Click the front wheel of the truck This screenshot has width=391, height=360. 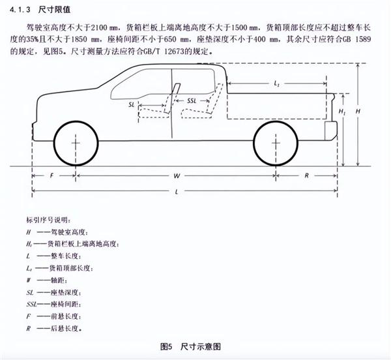pyautogui.click(x=76, y=143)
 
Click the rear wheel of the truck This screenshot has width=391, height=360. pyautogui.click(x=276, y=143)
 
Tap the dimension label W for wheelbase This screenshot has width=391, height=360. pyautogui.click(x=177, y=176)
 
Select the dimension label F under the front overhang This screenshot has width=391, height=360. pyautogui.click(x=52, y=175)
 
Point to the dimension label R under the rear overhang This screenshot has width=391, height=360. pyautogui.click(x=306, y=175)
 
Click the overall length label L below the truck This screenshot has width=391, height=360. pyautogui.click(x=177, y=192)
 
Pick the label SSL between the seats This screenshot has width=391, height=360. pyautogui.click(x=192, y=101)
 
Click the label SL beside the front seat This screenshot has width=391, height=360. pyautogui.click(x=132, y=104)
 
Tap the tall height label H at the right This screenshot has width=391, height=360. pyautogui.click(x=358, y=111)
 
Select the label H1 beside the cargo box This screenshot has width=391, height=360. pyautogui.click(x=341, y=112)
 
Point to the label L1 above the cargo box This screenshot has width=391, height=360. pyautogui.click(x=276, y=83)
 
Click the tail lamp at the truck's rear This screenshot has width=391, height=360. pyautogui.click(x=331, y=131)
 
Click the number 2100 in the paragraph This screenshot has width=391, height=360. pyautogui.click(x=99, y=27)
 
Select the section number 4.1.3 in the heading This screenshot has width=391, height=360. pyautogui.click(x=20, y=10)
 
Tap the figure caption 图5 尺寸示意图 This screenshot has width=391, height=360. pyautogui.click(x=190, y=346)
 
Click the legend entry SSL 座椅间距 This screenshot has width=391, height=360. pyautogui.click(x=54, y=305)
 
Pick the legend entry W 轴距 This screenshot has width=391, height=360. pyautogui.click(x=47, y=280)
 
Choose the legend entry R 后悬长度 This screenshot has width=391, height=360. pyautogui.click(x=54, y=328)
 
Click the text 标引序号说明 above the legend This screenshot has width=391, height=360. pyautogui.click(x=49, y=220)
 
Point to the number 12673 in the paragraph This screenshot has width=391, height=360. pyautogui.click(x=174, y=52)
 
